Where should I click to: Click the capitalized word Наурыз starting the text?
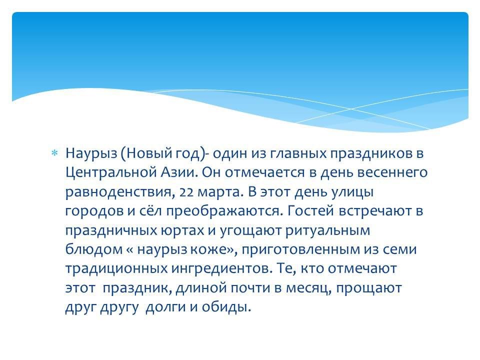tap(91, 153)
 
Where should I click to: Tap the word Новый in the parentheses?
tap(144, 153)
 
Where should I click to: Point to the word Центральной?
tap(110, 173)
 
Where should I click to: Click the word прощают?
tap(369, 288)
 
